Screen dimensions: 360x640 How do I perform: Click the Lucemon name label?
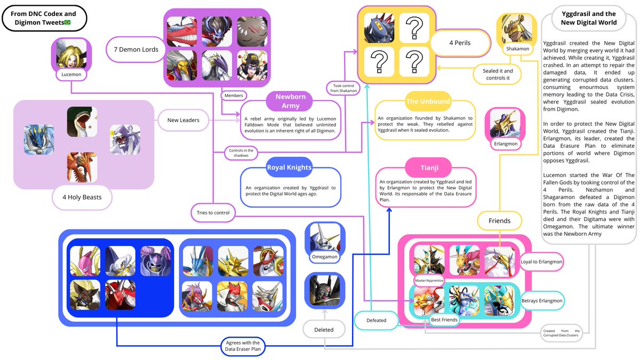(71, 75)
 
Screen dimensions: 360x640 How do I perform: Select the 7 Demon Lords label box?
(135, 50)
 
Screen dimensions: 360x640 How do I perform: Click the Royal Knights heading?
(290, 167)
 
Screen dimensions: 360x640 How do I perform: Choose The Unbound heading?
(428, 101)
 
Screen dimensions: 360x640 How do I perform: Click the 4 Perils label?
(459, 43)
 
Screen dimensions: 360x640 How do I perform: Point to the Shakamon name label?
(517, 49)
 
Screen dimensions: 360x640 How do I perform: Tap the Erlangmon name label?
(505, 144)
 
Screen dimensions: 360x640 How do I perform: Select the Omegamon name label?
(324, 257)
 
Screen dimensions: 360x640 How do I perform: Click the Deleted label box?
(324, 330)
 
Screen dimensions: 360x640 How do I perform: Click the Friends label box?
(499, 220)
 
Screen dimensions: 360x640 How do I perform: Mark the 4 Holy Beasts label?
(82, 197)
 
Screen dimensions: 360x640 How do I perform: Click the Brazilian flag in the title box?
(67, 22)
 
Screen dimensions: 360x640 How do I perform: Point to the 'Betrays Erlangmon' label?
(541, 301)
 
